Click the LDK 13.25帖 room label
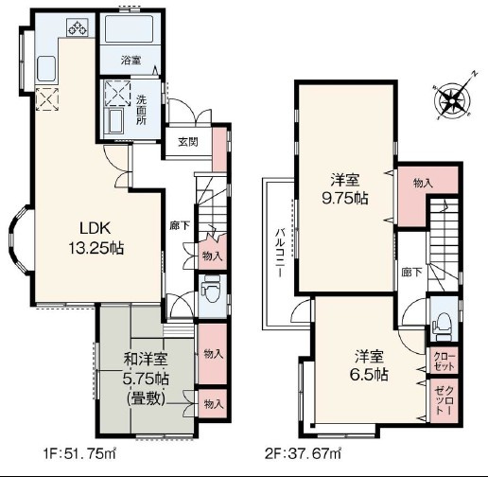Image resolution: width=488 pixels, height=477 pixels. [x=96, y=238]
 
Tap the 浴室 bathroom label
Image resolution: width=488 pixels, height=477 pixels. [x=131, y=60]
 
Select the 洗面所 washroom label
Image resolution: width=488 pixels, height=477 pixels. [x=141, y=110]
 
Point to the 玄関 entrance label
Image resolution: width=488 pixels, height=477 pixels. [x=188, y=142]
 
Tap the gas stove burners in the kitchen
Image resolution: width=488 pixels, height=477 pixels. [x=78, y=26]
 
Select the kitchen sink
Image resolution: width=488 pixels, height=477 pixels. [x=46, y=69]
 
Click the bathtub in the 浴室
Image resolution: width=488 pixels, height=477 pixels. [x=130, y=28]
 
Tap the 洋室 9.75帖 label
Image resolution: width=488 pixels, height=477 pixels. [x=344, y=190]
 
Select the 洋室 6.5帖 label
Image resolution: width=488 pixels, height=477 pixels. [x=369, y=365]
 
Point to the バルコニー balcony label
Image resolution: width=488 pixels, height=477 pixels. [x=280, y=253]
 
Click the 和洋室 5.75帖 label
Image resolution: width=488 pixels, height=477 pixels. [x=146, y=379]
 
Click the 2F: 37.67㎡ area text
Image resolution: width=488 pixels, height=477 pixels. [x=303, y=454]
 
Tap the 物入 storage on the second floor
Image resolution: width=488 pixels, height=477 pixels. [x=423, y=184]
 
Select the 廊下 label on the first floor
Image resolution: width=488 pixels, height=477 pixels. [x=180, y=225]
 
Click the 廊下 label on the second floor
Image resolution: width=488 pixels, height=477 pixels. [x=412, y=273]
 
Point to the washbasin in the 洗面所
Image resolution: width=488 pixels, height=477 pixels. [x=115, y=121]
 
